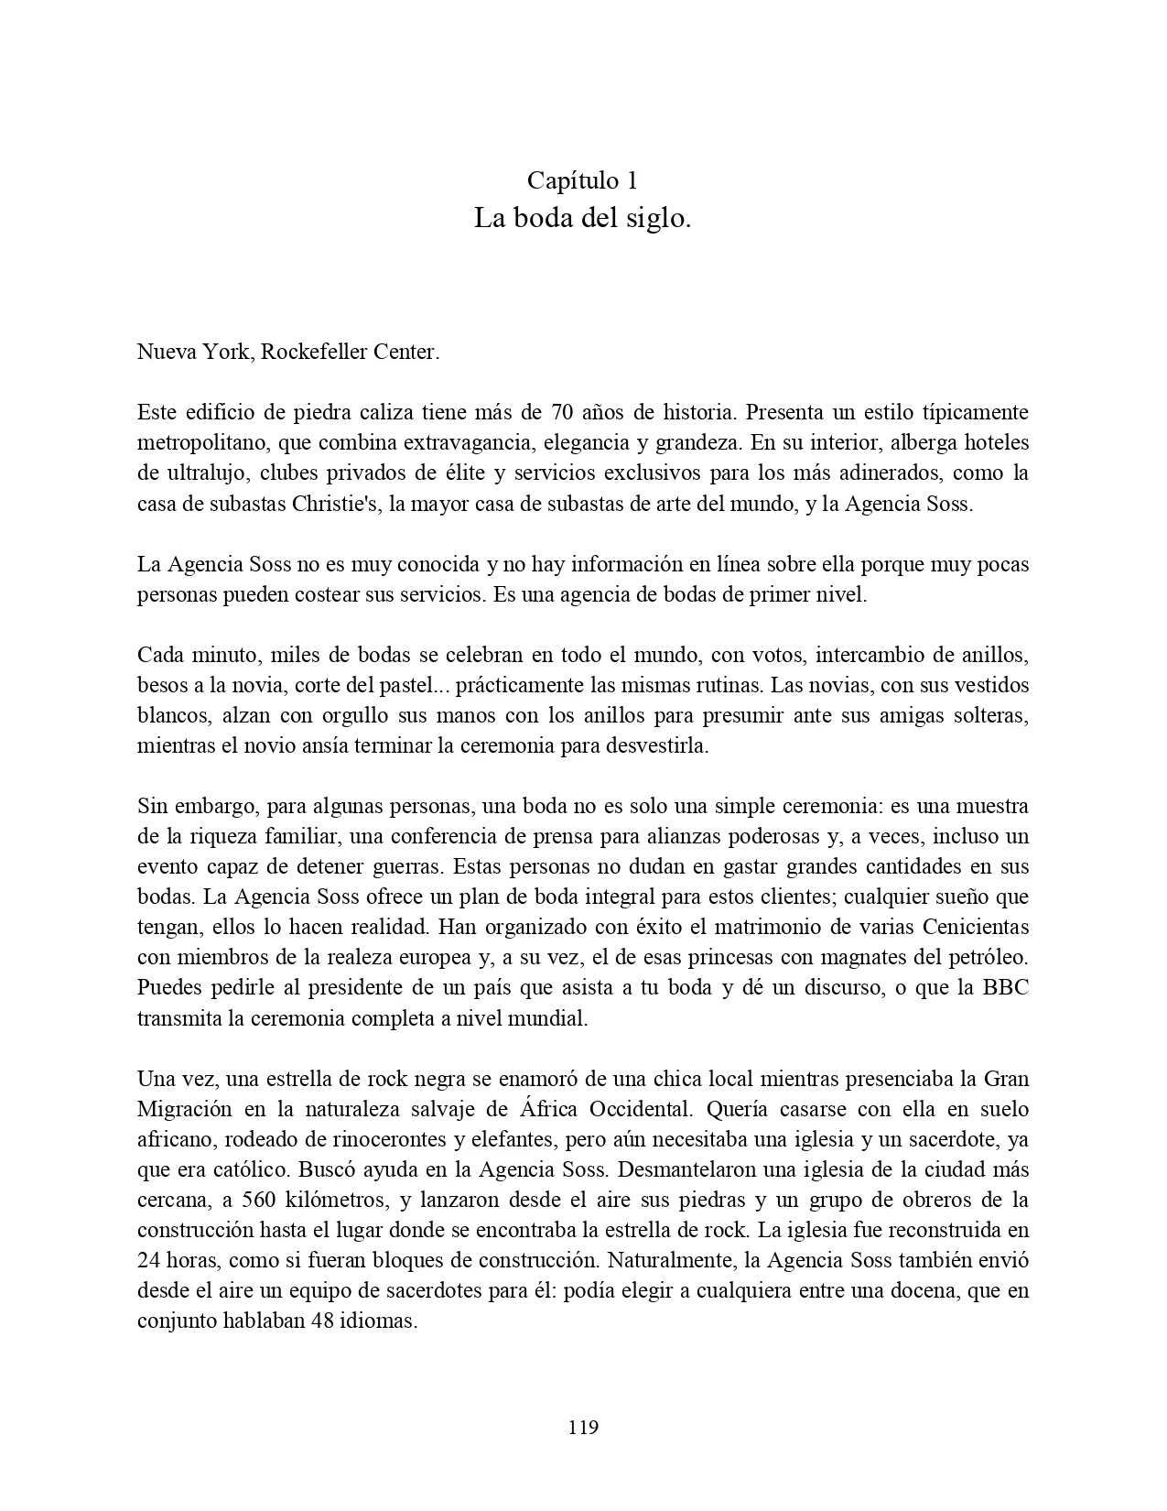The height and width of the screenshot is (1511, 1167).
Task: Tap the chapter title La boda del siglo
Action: (582, 219)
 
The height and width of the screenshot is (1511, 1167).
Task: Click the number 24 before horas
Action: (149, 1261)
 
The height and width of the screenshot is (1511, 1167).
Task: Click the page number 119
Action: (583, 1427)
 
